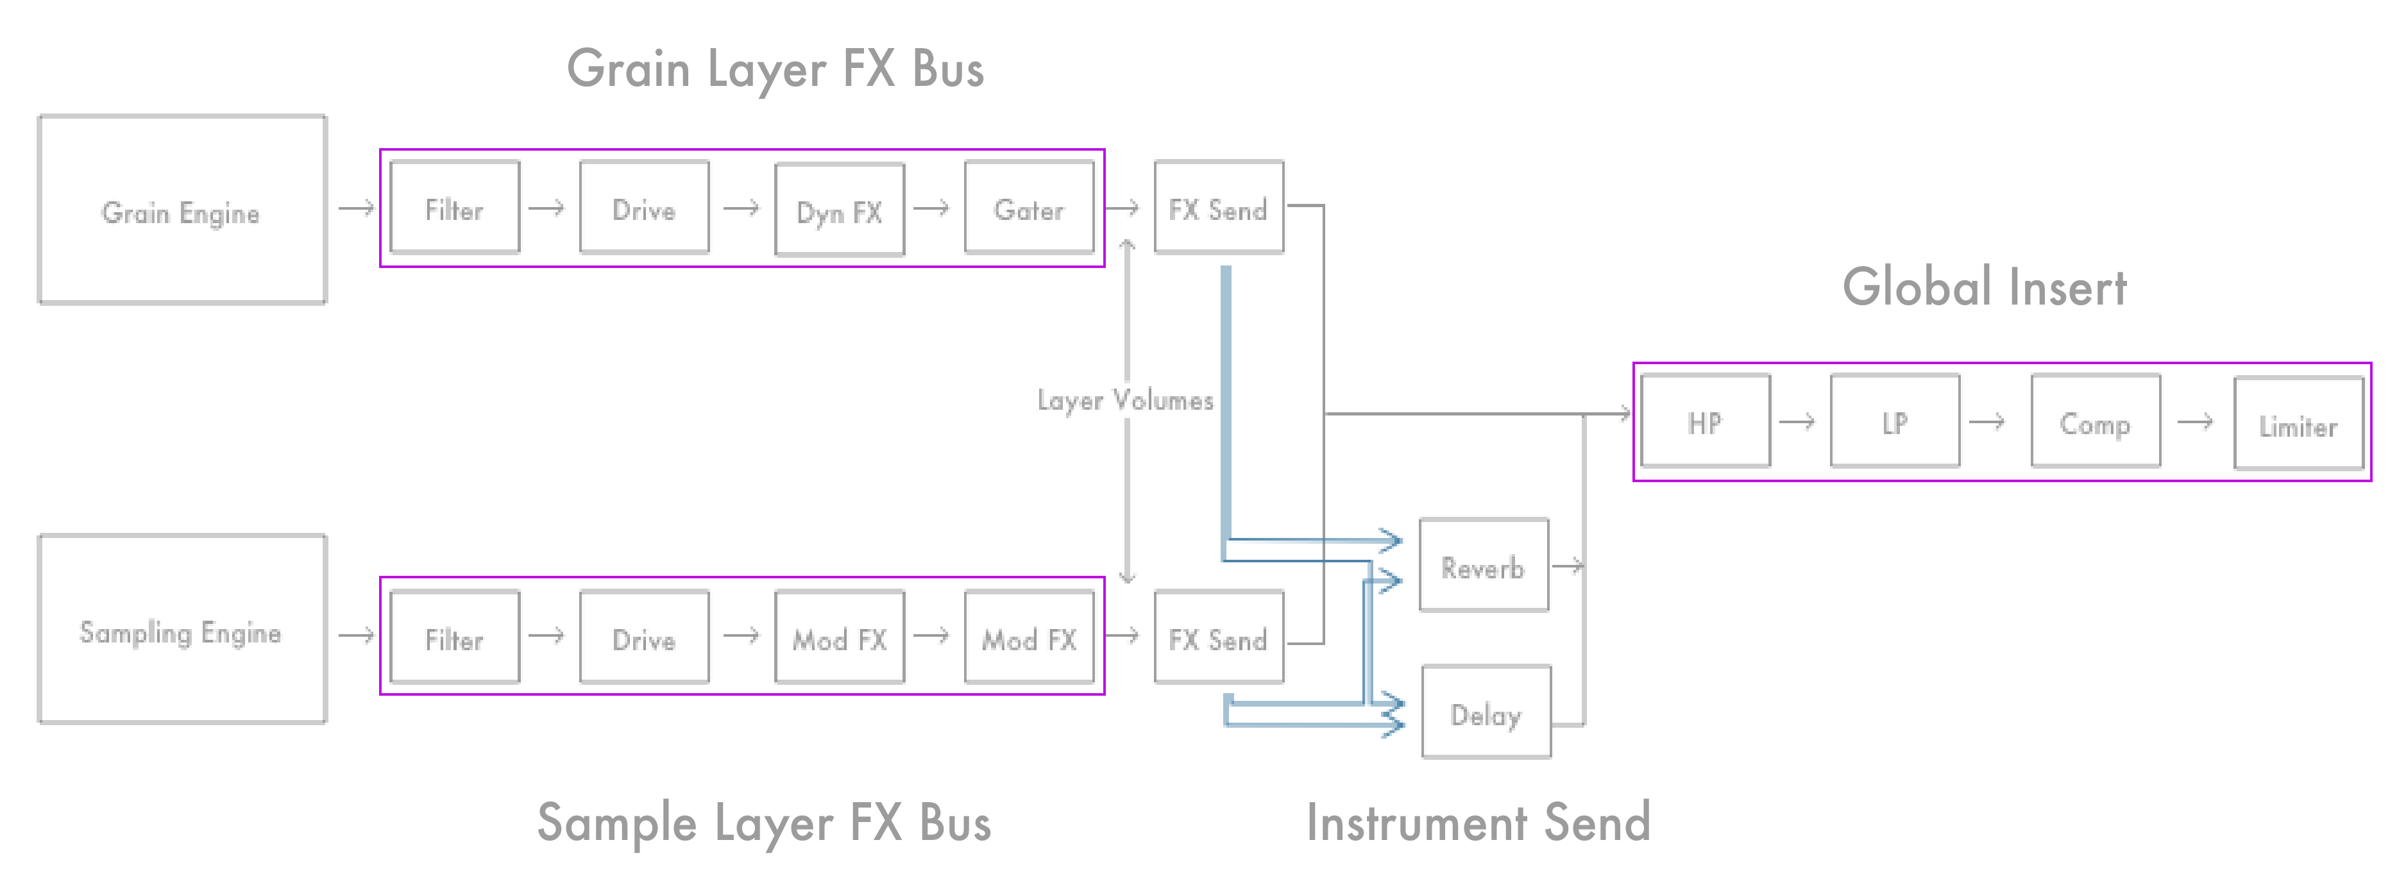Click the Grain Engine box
point(182,210)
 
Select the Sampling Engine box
point(182,630)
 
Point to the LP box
point(1895,421)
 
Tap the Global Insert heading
point(1985,287)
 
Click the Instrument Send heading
point(1478,823)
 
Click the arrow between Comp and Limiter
point(2195,421)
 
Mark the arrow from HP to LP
point(1797,421)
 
